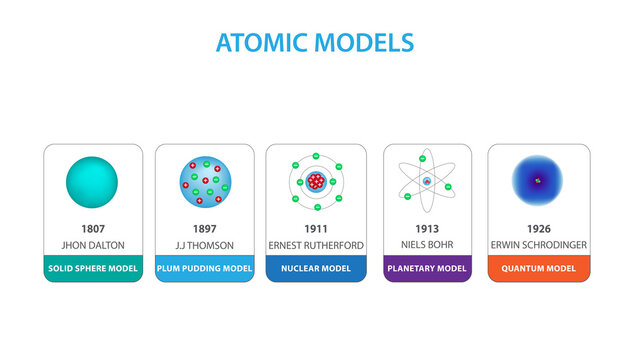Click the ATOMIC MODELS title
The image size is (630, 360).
(314, 43)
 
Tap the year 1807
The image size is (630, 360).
(93, 229)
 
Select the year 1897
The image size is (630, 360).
(203, 229)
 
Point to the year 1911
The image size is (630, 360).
(315, 229)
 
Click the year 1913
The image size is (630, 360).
(427, 229)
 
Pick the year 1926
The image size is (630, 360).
(538, 229)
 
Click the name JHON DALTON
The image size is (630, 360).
(93, 246)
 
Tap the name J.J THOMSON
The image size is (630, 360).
(203, 246)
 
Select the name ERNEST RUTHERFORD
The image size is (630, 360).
(315, 246)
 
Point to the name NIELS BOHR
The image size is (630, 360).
(427, 246)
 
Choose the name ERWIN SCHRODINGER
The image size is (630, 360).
(538, 246)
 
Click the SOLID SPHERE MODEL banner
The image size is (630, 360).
(93, 268)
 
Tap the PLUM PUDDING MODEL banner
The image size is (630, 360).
(203, 268)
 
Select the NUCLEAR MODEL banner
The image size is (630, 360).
(315, 268)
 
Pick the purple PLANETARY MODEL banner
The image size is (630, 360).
(427, 268)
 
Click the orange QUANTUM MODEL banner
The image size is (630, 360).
(538, 268)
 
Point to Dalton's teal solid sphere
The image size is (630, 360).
(92, 181)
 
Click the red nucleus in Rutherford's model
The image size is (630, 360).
(317, 181)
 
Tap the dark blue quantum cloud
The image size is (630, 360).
(538, 181)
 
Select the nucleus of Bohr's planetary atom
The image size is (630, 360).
(427, 181)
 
